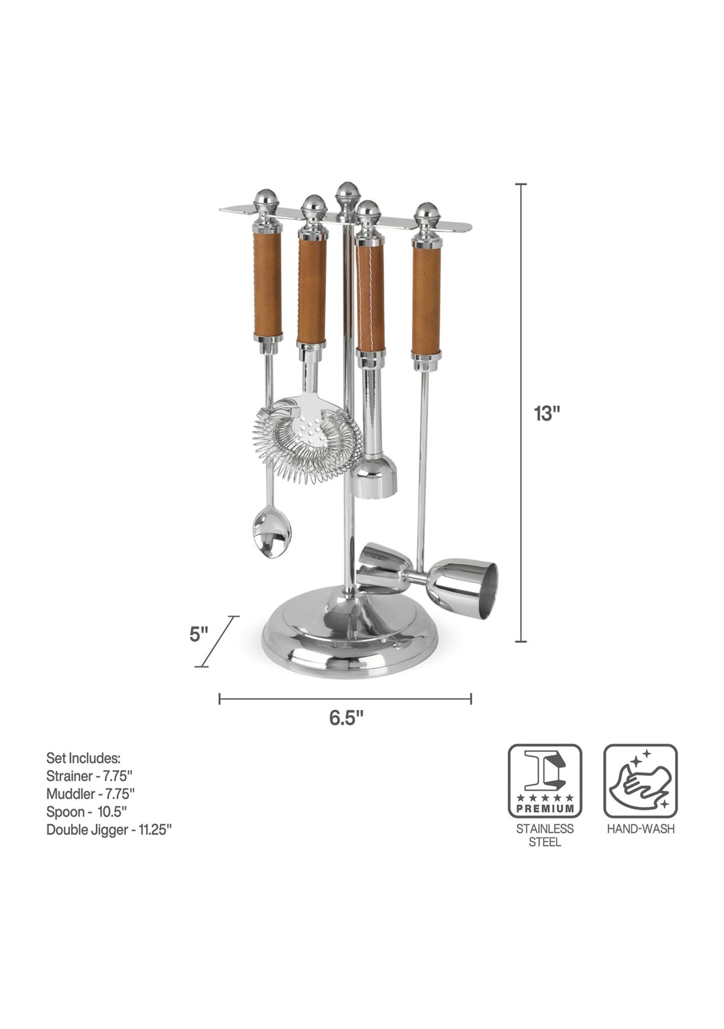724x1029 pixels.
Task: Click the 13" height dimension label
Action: coord(547,414)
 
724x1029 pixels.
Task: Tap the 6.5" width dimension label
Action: coord(346,718)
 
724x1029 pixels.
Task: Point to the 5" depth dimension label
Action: coord(198,636)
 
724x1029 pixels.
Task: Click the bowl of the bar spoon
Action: coord(271,535)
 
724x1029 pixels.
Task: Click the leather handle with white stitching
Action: coord(370,299)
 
